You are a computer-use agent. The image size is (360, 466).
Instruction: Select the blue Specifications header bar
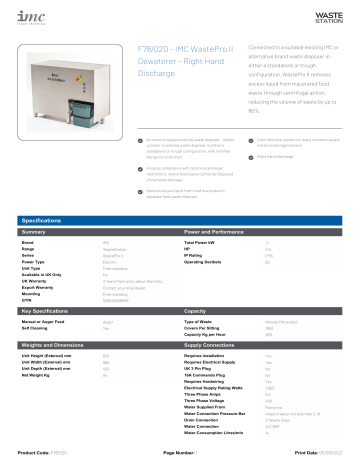[x=180, y=218]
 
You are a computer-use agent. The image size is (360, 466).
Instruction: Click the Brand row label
[x=27, y=243]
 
